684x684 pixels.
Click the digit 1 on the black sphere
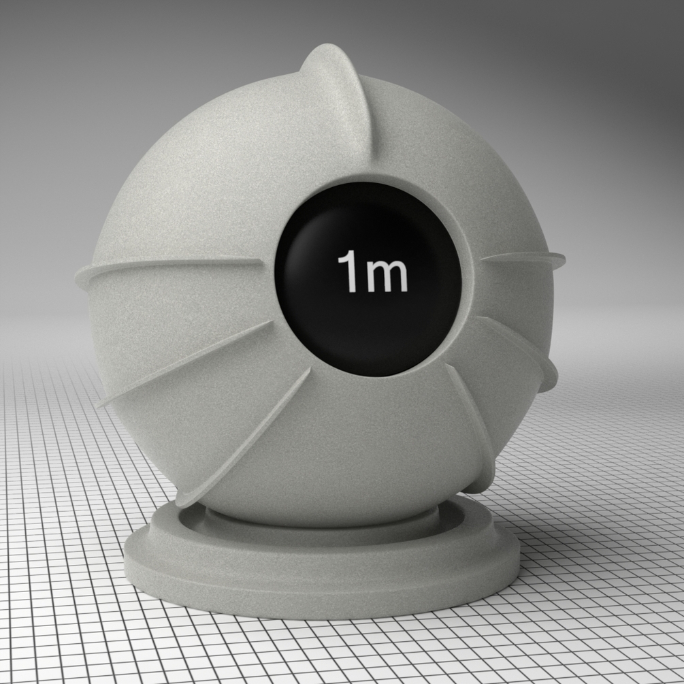coord(348,270)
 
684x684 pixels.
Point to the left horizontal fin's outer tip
coord(78,277)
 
